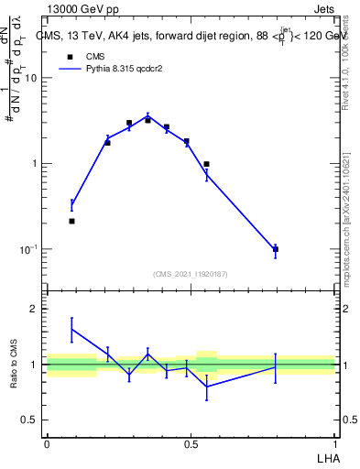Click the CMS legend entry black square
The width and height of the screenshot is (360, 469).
click(70, 55)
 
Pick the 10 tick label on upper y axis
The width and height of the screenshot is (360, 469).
click(31, 78)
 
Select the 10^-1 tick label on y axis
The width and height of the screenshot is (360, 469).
click(28, 249)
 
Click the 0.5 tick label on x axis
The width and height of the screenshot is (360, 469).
click(190, 443)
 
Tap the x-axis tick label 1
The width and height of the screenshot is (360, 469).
click(334, 443)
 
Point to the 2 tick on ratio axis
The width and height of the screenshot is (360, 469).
click(34, 310)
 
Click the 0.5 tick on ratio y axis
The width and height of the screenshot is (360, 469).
click(30, 420)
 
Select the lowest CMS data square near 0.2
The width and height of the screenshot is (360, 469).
click(71, 221)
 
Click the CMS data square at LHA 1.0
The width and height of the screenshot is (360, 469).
click(276, 249)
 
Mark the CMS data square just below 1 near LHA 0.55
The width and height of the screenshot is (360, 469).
click(206, 164)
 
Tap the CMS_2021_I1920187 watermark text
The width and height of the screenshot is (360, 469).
click(191, 274)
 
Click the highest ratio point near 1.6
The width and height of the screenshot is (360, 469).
click(71, 329)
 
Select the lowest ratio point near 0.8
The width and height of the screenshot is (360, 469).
click(206, 387)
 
